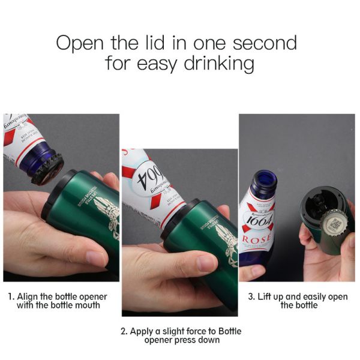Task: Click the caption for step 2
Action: click(181, 335)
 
